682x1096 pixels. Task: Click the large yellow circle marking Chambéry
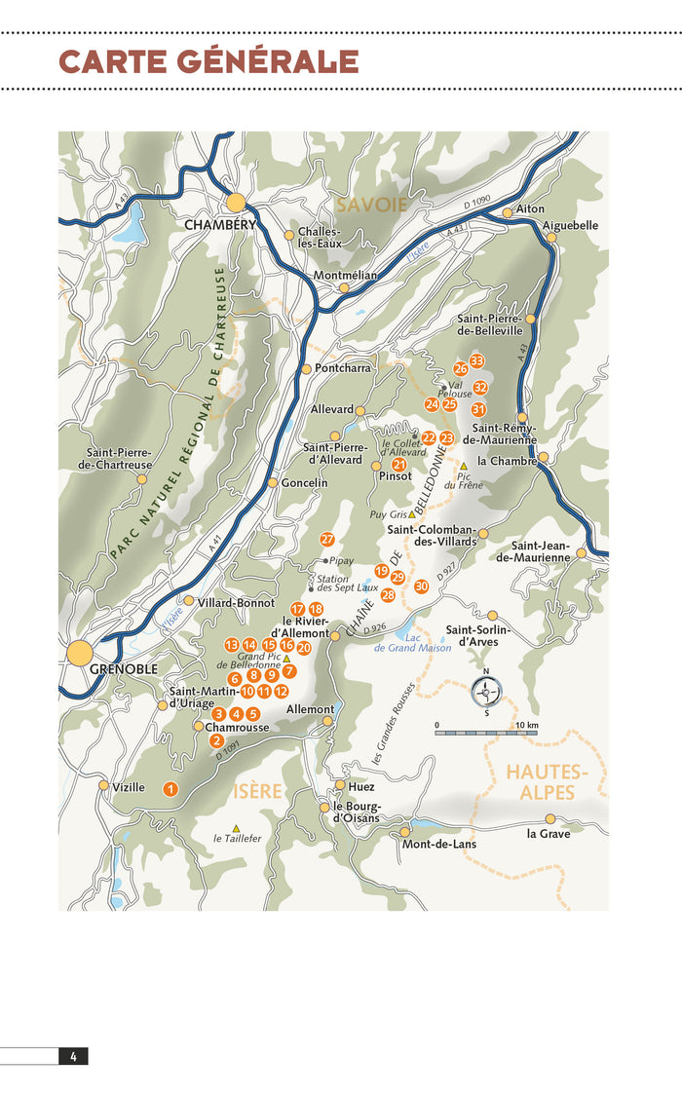coord(236,203)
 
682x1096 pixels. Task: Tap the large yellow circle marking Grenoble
coord(79,652)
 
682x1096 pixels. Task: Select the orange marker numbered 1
coord(170,789)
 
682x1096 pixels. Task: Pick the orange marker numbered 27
coord(327,539)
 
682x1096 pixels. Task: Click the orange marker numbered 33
coord(476,361)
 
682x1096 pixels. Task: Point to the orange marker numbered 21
coord(398,465)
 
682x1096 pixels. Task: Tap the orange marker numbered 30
coord(421,586)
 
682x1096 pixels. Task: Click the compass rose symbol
coord(485,692)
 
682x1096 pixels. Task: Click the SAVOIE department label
coord(372,205)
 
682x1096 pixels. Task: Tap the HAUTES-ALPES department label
coord(547,781)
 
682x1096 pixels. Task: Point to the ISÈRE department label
coord(256,790)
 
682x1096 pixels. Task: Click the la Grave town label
coord(549,834)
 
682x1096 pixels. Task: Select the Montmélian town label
coord(345,276)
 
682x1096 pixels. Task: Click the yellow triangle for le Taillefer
coord(236,828)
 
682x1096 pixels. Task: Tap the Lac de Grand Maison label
coord(414,643)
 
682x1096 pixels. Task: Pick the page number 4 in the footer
coord(73,1056)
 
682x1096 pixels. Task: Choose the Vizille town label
coord(129,787)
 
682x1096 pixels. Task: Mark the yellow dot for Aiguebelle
coord(534,226)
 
